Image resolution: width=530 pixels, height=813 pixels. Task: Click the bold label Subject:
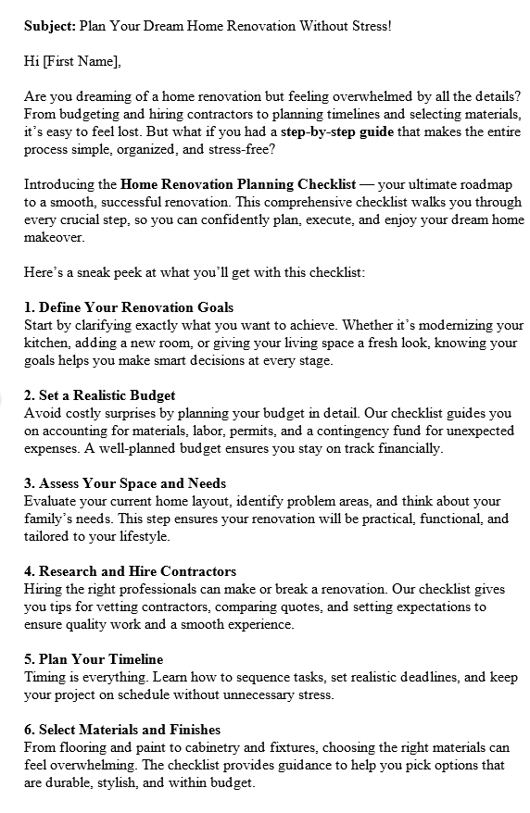click(50, 26)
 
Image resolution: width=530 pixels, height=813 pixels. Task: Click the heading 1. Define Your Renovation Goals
click(129, 307)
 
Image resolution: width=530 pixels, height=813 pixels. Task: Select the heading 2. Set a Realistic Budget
click(100, 395)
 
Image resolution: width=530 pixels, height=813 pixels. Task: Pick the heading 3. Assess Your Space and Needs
click(125, 483)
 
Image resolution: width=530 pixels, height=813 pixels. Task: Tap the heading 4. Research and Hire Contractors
click(131, 571)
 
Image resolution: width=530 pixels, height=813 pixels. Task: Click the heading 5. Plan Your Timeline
click(94, 659)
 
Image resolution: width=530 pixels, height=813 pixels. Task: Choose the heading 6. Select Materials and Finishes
click(122, 730)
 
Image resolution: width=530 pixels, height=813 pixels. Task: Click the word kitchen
click(47, 343)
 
